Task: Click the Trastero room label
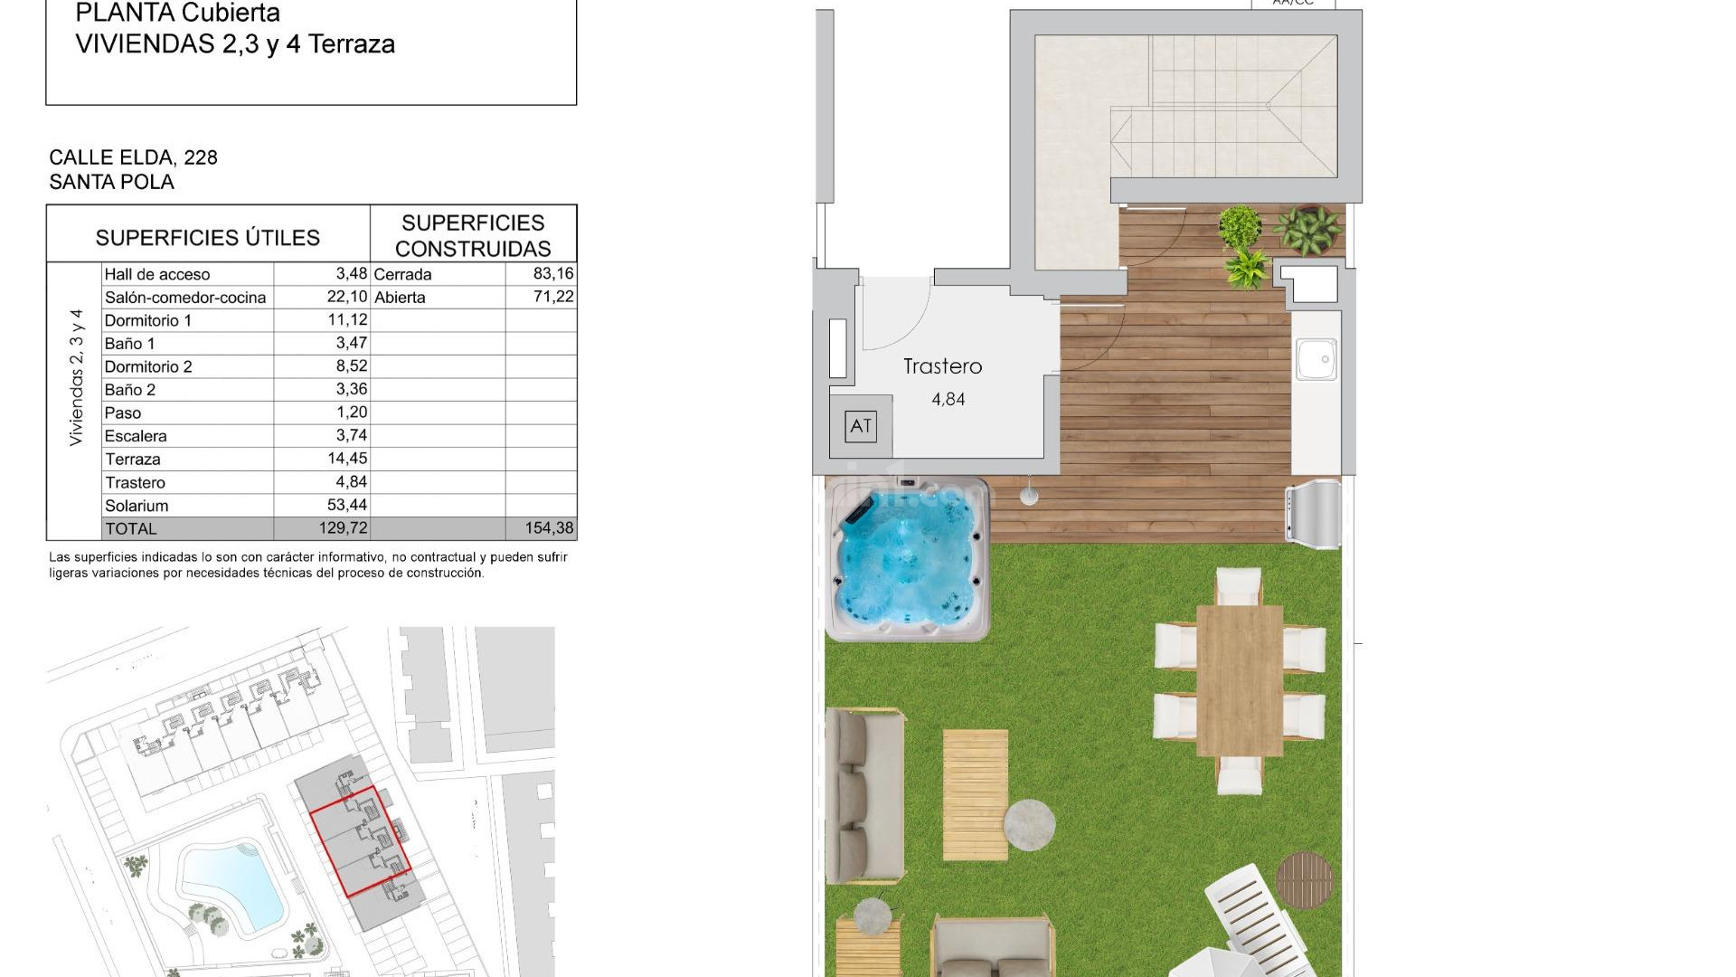942,366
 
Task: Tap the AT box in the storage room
861,426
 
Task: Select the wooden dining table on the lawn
1239,680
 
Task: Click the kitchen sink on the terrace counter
1316,359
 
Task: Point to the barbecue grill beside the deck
1314,515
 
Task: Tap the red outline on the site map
360,842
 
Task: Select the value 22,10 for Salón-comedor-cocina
347,297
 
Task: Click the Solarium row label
137,506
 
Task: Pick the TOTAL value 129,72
343,528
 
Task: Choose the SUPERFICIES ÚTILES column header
208,237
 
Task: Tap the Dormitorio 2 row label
148,366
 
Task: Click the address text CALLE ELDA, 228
133,157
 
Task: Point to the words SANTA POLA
111,182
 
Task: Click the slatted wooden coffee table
975,794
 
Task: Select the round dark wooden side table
1305,878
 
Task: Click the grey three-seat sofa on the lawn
864,795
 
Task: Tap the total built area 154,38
550,528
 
